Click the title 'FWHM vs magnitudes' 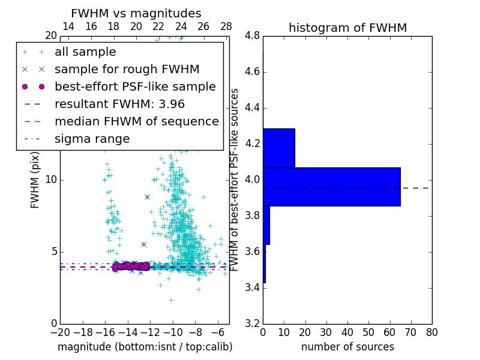pyautogui.click(x=136, y=14)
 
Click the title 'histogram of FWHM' pyautogui.click(x=347, y=28)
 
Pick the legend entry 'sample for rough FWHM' pyautogui.click(x=127, y=70)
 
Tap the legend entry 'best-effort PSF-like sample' pyautogui.click(x=135, y=87)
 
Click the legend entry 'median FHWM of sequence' pyautogui.click(x=136, y=122)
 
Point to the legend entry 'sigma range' pyautogui.click(x=92, y=139)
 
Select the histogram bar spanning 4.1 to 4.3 pyautogui.click(x=278, y=148)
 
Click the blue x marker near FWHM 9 pyautogui.click(x=147, y=197)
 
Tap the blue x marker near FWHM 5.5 pyautogui.click(x=143, y=244)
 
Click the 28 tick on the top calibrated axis pyautogui.click(x=226, y=26)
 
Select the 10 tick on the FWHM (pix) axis pyautogui.click(x=51, y=180)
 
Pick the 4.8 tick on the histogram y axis pyautogui.click(x=252, y=36)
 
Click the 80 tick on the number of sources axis pyautogui.click(x=431, y=332)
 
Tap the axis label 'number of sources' pyautogui.click(x=347, y=347)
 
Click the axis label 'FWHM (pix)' pyautogui.click(x=35, y=179)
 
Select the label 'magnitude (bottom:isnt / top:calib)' pyautogui.click(x=145, y=347)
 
